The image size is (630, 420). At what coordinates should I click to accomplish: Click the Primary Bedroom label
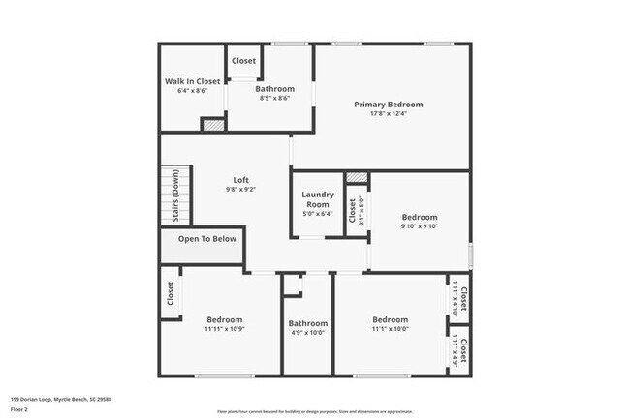[x=388, y=105]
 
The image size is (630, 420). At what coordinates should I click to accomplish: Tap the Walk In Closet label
[x=192, y=81]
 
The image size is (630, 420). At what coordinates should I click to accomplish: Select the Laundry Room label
[x=317, y=200]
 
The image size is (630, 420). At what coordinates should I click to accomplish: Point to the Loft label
[x=241, y=180]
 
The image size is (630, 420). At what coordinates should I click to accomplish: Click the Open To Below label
[x=206, y=239]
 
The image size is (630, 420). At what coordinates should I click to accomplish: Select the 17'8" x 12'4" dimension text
[x=388, y=114]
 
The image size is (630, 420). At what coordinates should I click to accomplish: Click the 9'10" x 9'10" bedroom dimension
[x=420, y=227]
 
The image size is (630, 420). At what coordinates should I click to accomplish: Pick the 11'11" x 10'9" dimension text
[x=224, y=329]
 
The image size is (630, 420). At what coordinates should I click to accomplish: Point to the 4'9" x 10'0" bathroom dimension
[x=308, y=333]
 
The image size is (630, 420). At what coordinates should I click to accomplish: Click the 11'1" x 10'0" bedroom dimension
[x=391, y=329]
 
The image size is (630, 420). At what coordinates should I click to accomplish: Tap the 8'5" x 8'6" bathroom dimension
[x=274, y=98]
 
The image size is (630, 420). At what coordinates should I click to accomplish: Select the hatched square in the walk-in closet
[x=211, y=124]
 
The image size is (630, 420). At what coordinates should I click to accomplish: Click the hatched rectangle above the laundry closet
[x=357, y=178]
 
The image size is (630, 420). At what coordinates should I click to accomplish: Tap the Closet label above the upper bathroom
[x=243, y=61]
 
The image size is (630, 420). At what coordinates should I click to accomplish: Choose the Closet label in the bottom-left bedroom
[x=171, y=294]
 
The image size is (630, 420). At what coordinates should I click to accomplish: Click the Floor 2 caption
[x=19, y=408]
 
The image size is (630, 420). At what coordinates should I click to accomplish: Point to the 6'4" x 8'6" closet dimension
[x=192, y=91]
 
